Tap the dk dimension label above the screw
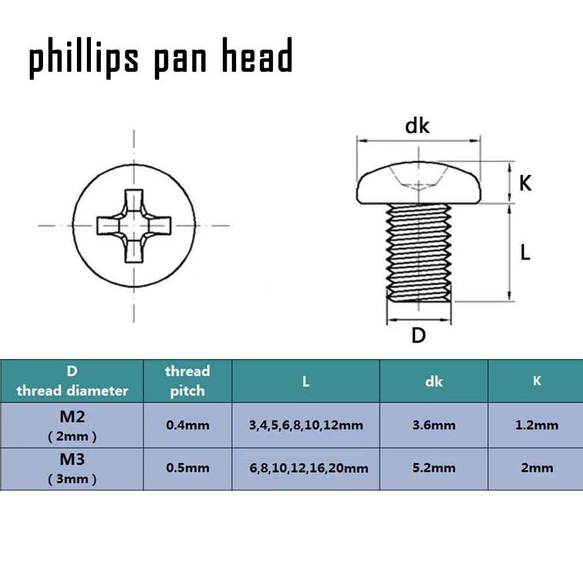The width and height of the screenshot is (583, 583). click(x=417, y=125)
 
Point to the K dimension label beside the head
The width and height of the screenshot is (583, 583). click(x=525, y=183)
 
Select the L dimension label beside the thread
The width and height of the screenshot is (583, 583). click(x=525, y=252)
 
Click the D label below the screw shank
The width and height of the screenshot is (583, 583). click(x=419, y=336)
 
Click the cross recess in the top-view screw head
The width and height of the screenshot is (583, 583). click(x=134, y=225)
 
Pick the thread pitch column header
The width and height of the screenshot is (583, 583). click(x=187, y=381)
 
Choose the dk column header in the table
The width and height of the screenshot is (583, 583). click(x=434, y=381)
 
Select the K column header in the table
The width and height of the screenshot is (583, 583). click(x=536, y=381)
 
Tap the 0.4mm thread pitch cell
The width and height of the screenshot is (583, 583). click(x=187, y=425)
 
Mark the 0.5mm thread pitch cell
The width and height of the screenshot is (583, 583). click(x=187, y=468)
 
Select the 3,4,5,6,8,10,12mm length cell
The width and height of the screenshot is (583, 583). click(x=306, y=425)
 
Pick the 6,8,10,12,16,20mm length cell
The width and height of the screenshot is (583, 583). click(x=308, y=468)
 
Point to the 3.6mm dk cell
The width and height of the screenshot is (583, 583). click(x=434, y=425)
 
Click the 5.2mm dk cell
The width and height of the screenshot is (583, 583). click(x=434, y=468)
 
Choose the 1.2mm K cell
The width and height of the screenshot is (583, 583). click(x=536, y=425)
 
